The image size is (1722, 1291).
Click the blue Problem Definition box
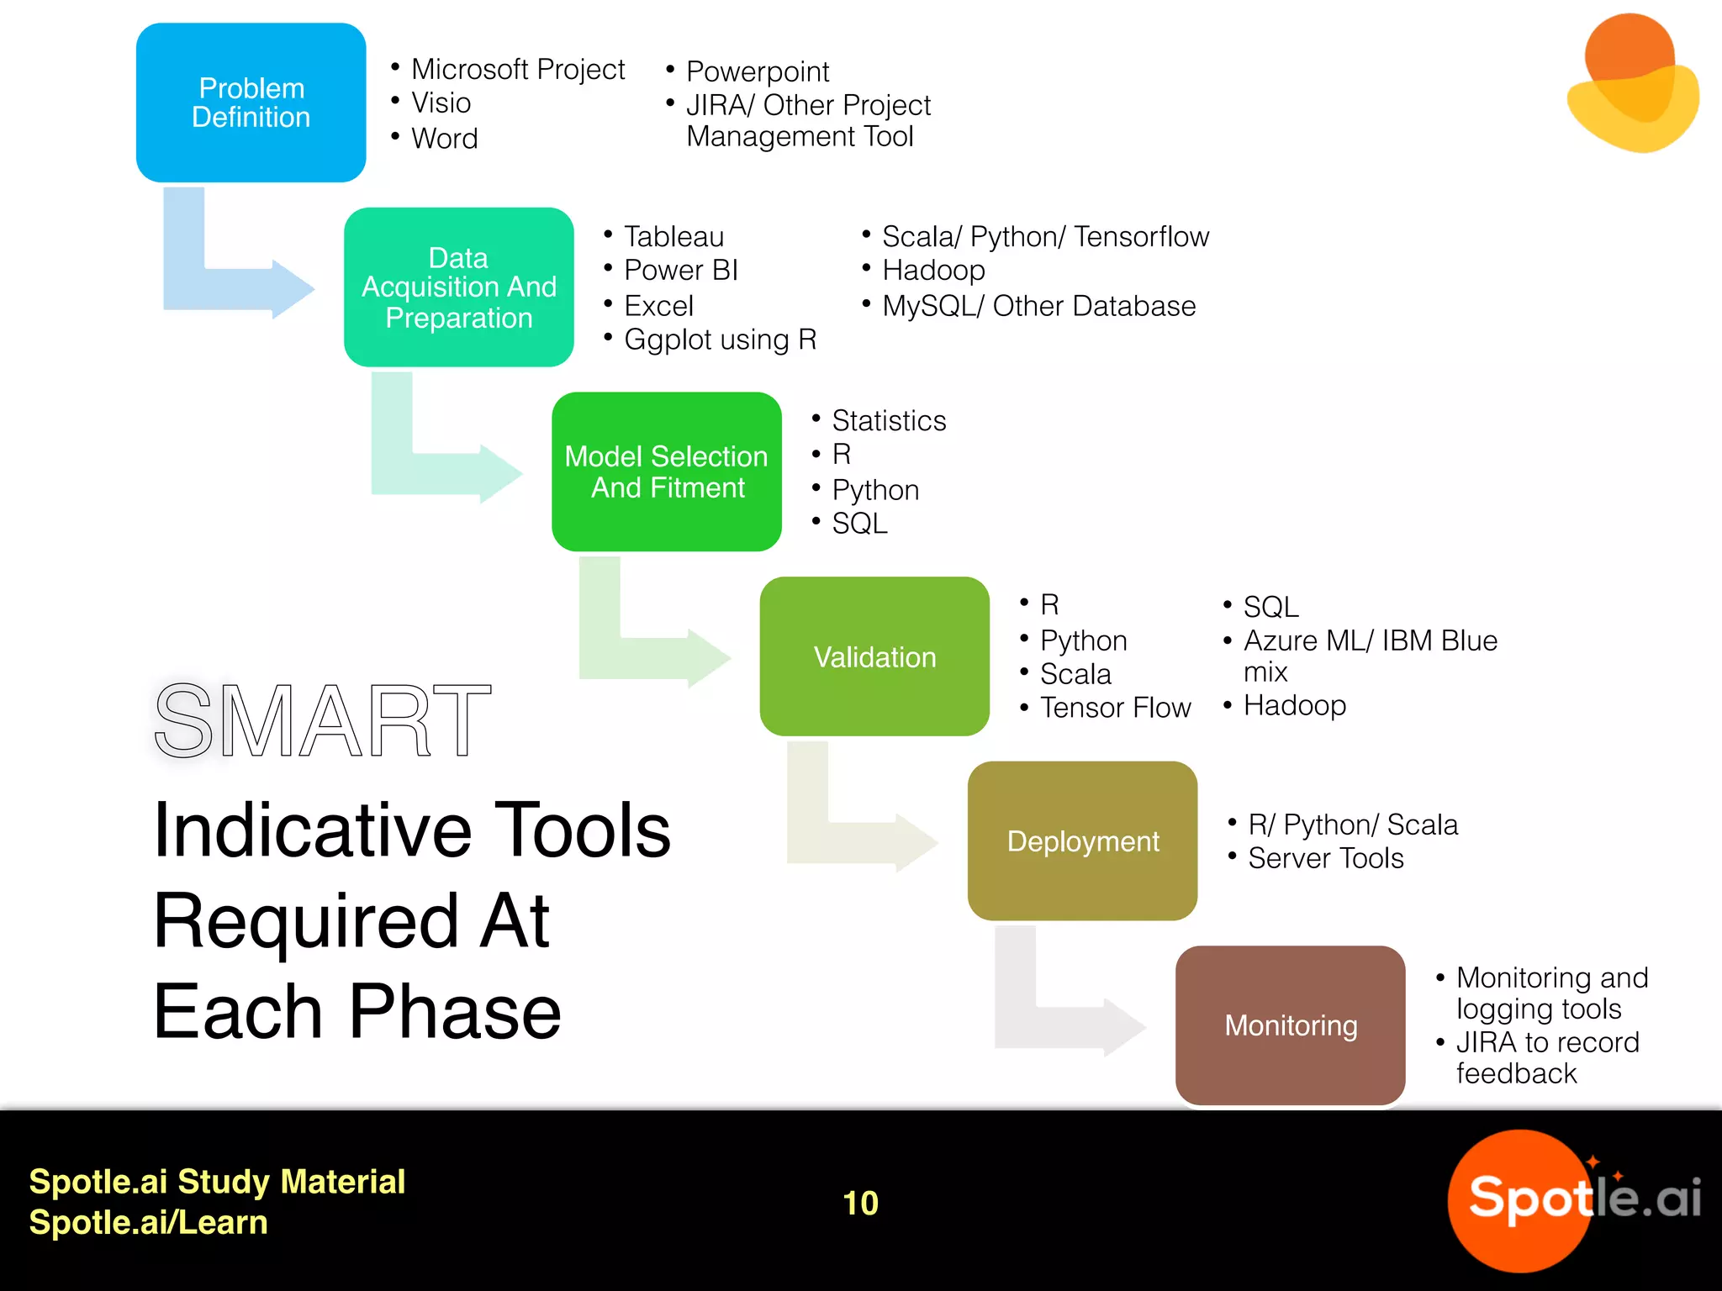click(251, 103)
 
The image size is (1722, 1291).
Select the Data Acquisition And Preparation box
click(458, 287)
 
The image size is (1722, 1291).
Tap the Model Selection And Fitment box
click(666, 472)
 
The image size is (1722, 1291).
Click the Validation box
click(874, 656)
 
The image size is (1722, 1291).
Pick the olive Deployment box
click(1082, 840)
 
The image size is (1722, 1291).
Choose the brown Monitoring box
click(1290, 1025)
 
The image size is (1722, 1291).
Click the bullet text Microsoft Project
click(517, 69)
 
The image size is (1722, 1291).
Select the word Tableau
click(673, 237)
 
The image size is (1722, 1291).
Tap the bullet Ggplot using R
click(720, 340)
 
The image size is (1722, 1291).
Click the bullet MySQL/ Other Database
click(1038, 306)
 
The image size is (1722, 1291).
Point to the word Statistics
click(888, 420)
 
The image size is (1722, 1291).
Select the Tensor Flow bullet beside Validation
click(1114, 708)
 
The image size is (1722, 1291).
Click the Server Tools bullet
click(1325, 858)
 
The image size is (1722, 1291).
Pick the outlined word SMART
click(322, 720)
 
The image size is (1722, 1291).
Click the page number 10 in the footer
click(860, 1203)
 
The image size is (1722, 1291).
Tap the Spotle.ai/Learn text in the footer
click(148, 1222)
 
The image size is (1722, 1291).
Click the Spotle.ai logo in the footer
click(1572, 1199)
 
